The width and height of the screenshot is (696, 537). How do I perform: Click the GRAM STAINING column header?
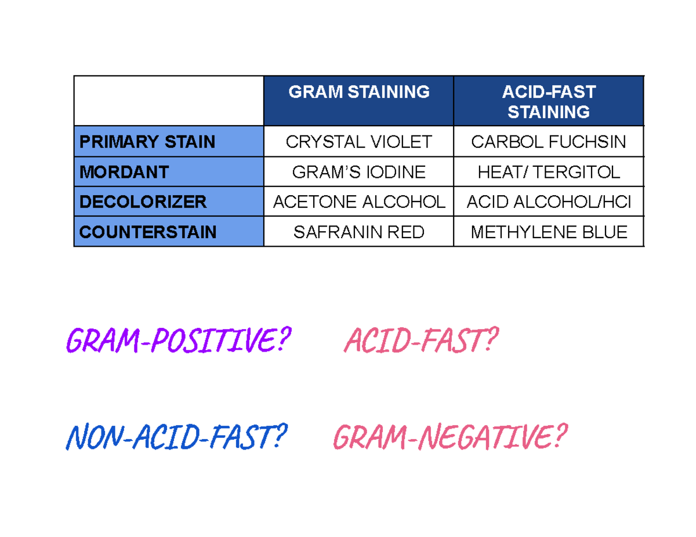(358, 92)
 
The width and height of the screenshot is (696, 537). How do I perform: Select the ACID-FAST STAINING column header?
(548, 101)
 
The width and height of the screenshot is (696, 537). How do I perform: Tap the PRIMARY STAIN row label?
(147, 142)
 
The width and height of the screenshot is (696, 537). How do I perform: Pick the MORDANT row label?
(124, 172)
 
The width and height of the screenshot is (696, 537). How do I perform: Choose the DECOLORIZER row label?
(143, 202)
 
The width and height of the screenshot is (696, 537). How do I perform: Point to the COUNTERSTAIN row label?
(148, 232)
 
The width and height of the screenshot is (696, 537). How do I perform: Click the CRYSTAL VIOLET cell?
(358, 142)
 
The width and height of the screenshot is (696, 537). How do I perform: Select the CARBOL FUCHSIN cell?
(548, 142)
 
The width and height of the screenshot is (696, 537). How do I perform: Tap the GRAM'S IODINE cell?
(358, 172)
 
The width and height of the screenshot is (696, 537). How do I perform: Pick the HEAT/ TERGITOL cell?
(548, 172)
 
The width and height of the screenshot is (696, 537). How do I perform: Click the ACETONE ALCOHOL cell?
(358, 202)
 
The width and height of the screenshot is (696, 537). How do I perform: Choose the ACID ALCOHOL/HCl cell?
(548, 202)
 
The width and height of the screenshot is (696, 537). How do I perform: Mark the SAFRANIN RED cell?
(358, 232)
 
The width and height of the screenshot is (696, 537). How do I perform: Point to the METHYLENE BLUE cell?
(548, 232)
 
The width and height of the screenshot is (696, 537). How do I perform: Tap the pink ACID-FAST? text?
(420, 340)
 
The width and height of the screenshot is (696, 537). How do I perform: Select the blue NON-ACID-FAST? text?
(177, 437)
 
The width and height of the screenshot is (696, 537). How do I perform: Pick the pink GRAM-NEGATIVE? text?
(448, 437)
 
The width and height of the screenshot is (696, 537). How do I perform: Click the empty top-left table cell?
(169, 101)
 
